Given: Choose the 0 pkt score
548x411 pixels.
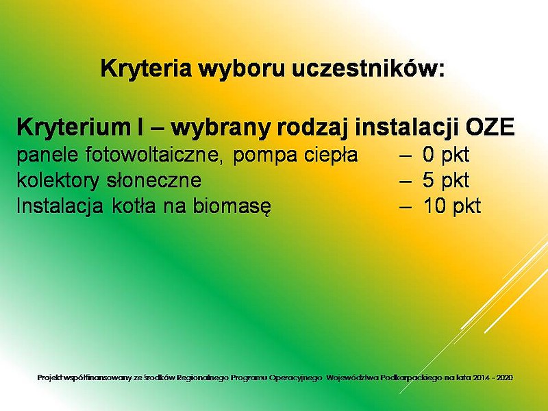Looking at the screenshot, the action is coord(446,155).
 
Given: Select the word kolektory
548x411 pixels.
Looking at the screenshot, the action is coord(58,180).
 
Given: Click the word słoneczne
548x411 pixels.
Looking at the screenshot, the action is coord(154,180).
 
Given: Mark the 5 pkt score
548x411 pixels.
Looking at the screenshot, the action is coord(446,180).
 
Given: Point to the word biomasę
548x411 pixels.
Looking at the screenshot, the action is coord(232,206).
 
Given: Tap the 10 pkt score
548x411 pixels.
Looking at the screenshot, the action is coord(452,206).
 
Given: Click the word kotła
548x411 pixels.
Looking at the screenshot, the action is coord(134,206).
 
